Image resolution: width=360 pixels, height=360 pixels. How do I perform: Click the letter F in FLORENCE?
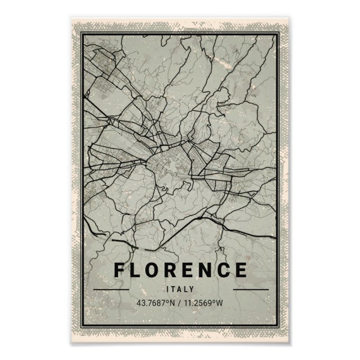pos(120,270)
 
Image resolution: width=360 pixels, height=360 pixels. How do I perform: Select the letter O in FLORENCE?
pos(156,270)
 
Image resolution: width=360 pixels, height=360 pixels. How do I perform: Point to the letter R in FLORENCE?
pos(175,270)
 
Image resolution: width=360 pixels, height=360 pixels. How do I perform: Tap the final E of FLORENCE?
pos(241,270)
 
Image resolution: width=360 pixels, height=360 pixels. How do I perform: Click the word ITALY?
pos(180,289)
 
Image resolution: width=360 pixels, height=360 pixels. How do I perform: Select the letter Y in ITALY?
pos(192,289)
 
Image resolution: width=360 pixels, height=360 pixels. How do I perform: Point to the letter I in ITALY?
pos(168,289)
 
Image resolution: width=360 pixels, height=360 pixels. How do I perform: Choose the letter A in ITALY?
pos(180,289)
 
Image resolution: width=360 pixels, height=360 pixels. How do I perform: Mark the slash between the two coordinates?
pos(181,304)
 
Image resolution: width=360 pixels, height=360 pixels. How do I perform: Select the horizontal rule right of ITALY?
pos(250,290)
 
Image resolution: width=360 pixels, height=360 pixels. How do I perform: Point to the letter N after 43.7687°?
pos(173,304)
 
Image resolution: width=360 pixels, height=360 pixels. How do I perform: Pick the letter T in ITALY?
pos(174,289)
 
